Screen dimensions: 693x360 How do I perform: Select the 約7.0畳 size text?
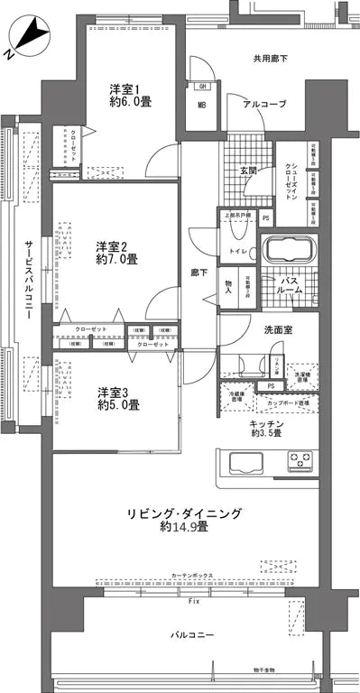pyautogui.click(x=117, y=259)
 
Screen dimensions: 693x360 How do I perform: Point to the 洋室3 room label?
pyautogui.click(x=117, y=392)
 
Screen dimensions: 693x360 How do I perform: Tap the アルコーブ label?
pyautogui.click(x=264, y=105)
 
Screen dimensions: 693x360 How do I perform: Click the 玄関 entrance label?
pyautogui.click(x=249, y=169)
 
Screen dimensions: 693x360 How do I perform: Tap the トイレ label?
pyautogui.click(x=238, y=251)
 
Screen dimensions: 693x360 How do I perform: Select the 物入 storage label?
pyautogui.click(x=228, y=285)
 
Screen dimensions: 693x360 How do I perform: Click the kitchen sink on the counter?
pyautogui.click(x=246, y=462)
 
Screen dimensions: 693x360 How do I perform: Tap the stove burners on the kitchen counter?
pyautogui.click(x=300, y=462)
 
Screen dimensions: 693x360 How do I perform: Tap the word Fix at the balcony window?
pyautogui.click(x=193, y=599)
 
